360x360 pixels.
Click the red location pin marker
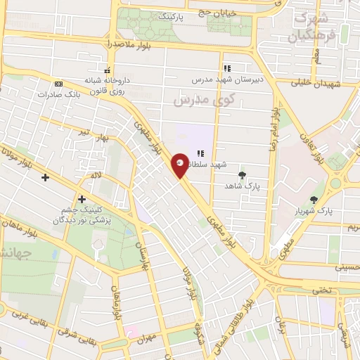tap(181, 165)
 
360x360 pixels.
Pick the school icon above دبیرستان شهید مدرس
tap(227, 69)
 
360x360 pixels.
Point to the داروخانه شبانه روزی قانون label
tap(109, 85)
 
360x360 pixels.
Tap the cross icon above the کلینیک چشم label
tap(82, 199)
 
